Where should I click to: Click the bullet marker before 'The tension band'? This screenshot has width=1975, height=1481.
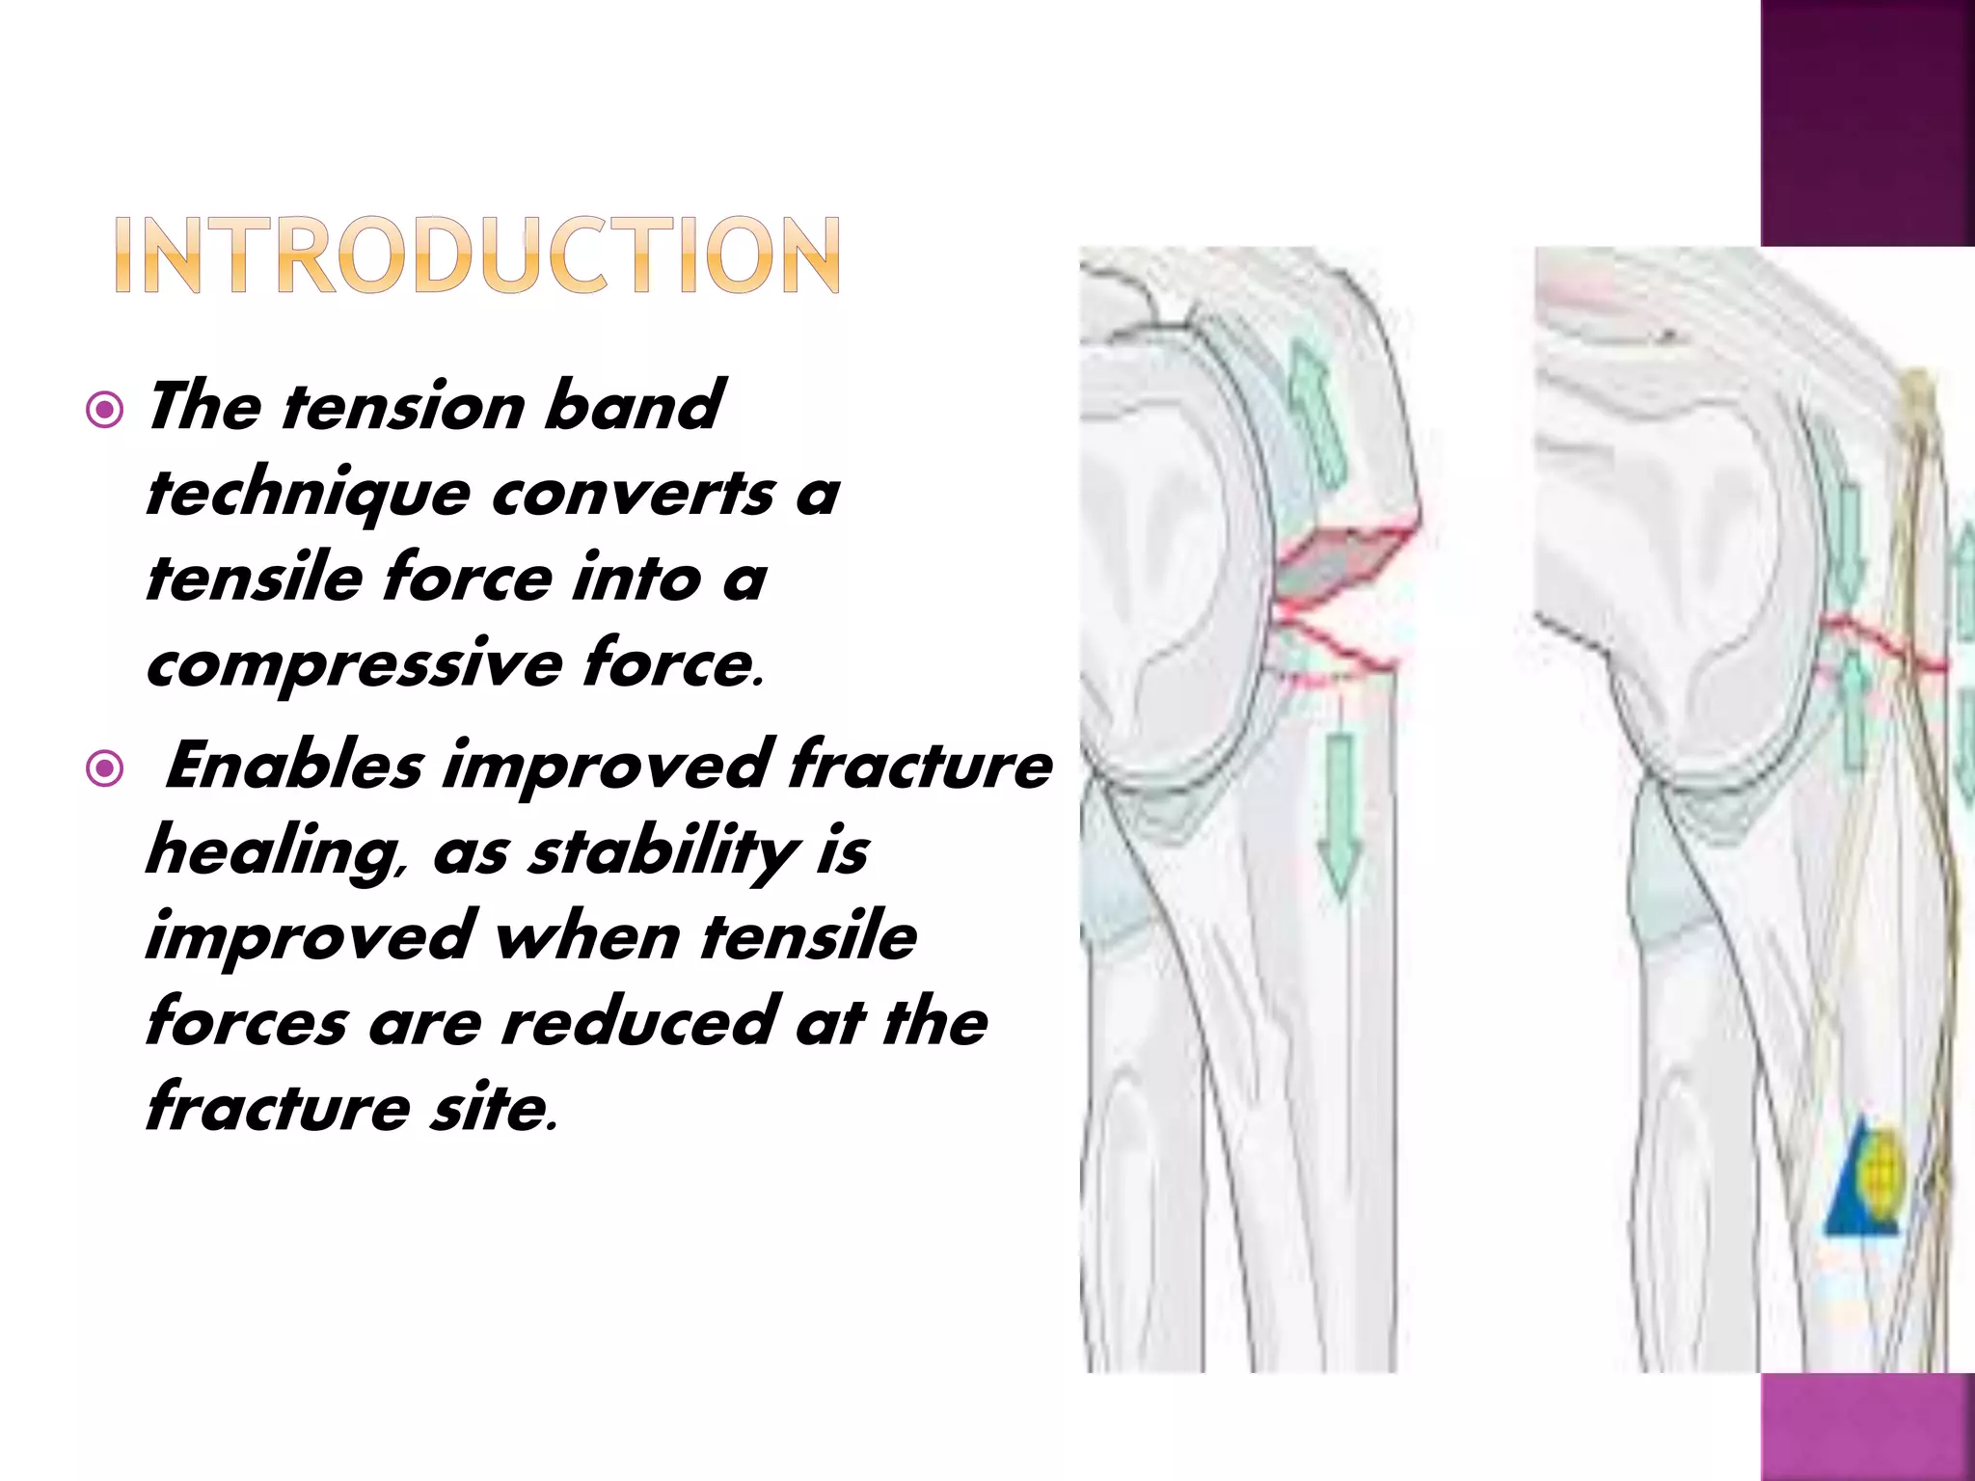(104, 411)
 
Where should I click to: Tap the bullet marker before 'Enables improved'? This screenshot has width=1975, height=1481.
(104, 769)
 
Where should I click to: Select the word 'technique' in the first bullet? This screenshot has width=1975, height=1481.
(307, 494)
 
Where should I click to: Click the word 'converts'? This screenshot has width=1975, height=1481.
(633, 494)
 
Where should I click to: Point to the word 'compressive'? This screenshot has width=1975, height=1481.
(353, 665)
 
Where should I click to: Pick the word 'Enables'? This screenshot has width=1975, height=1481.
(295, 767)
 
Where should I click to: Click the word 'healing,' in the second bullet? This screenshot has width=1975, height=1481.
(276, 852)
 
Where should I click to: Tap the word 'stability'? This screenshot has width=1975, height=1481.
(663, 850)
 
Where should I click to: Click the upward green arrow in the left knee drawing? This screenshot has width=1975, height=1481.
(1317, 415)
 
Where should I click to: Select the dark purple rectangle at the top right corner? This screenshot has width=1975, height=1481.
(1867, 123)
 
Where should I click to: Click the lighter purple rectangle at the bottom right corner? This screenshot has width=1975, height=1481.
(1867, 1427)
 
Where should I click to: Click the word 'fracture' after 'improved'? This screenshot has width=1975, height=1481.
(920, 767)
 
